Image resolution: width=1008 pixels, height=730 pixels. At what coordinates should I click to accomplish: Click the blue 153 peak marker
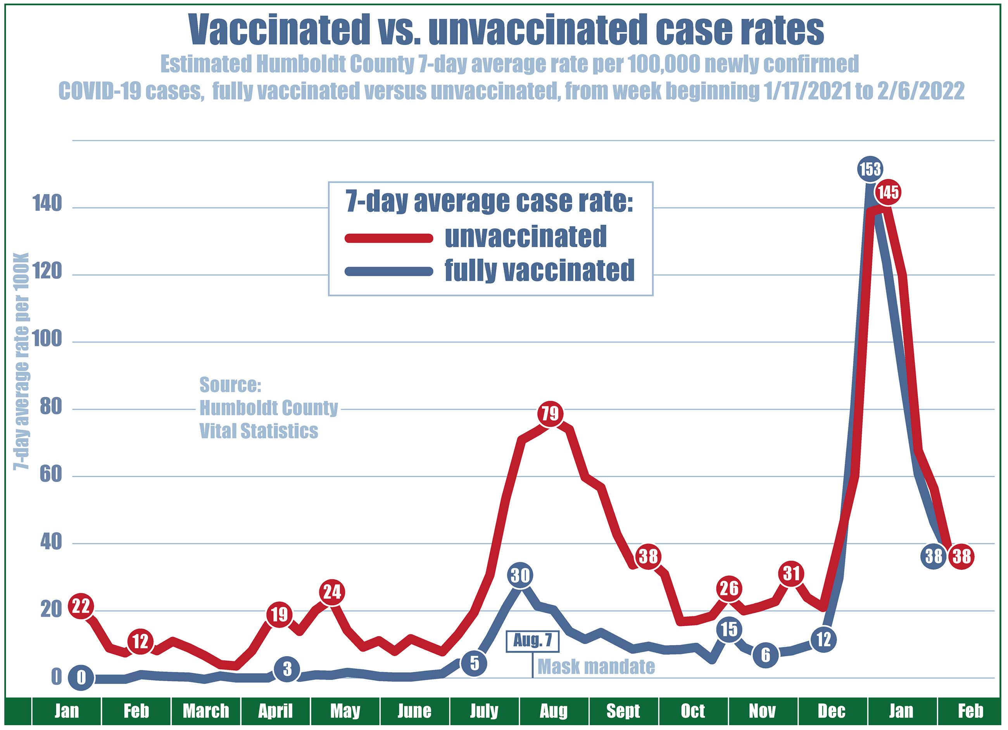click(x=870, y=169)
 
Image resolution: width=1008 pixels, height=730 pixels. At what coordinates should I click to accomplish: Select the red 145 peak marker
click(x=888, y=193)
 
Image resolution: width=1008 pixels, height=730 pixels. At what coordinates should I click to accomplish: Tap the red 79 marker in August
click(x=550, y=414)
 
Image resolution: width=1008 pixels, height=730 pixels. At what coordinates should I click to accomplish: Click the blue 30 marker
click(x=520, y=576)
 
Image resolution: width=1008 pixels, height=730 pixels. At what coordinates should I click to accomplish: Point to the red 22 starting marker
click(x=81, y=606)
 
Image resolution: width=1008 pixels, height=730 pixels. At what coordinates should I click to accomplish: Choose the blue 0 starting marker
click(x=81, y=678)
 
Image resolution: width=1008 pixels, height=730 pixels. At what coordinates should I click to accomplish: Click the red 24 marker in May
click(x=331, y=592)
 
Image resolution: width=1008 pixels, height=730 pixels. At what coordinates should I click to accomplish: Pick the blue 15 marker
click(x=729, y=630)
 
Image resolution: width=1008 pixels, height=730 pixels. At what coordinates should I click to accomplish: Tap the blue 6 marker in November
click(x=765, y=655)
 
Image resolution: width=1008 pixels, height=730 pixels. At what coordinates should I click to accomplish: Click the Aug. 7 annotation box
click(x=532, y=640)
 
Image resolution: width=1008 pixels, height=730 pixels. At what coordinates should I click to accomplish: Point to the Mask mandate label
click(x=596, y=666)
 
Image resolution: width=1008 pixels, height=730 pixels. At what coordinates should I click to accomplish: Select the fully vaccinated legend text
click(x=539, y=270)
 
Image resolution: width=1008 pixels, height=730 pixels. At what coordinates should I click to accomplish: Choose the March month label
click(x=206, y=711)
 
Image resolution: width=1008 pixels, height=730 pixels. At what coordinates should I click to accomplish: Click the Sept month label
click(x=623, y=711)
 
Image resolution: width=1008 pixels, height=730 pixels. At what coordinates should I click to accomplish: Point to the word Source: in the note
click(x=230, y=385)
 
